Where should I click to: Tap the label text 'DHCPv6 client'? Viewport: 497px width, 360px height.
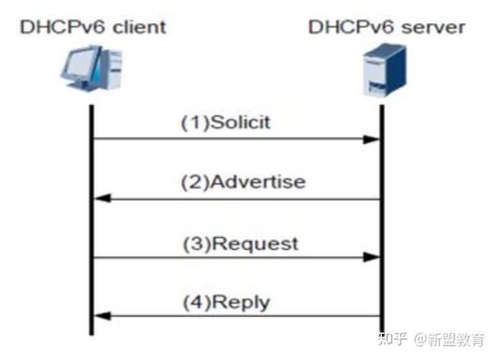pyautogui.click(x=93, y=27)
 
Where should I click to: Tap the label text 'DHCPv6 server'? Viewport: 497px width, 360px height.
pyautogui.click(x=386, y=27)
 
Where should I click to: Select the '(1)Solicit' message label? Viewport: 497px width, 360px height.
pyautogui.click(x=226, y=122)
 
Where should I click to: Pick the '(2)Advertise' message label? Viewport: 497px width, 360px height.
pyautogui.click(x=243, y=182)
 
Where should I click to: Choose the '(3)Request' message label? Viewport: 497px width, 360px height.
pyautogui.click(x=239, y=243)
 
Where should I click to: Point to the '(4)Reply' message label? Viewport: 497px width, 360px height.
pyautogui.click(x=225, y=302)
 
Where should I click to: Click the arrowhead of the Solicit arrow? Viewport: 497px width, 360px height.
pyautogui.click(x=372, y=139)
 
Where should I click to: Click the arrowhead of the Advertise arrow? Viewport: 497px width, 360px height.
pyautogui.click(x=101, y=198)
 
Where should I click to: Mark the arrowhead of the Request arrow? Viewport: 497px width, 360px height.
pyautogui.click(x=372, y=258)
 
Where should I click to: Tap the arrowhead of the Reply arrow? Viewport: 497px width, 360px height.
pyautogui.click(x=101, y=317)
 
